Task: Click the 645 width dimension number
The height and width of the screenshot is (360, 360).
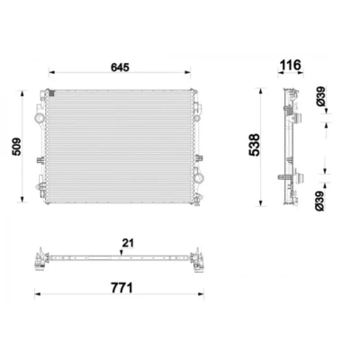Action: tap(120, 67)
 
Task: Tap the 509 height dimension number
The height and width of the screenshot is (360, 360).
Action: tap(16, 147)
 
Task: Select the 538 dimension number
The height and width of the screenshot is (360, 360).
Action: tap(254, 145)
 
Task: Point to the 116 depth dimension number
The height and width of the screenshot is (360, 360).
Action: tap(290, 65)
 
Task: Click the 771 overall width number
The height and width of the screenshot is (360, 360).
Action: tap(121, 288)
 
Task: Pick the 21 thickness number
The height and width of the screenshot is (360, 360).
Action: tap(128, 243)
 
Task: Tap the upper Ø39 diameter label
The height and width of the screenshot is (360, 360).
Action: tap(320, 96)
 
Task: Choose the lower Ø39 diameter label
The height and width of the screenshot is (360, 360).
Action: tap(320, 201)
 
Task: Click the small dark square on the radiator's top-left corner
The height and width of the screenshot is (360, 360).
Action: tap(51, 94)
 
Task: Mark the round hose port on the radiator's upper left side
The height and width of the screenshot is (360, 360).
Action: tap(40, 118)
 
